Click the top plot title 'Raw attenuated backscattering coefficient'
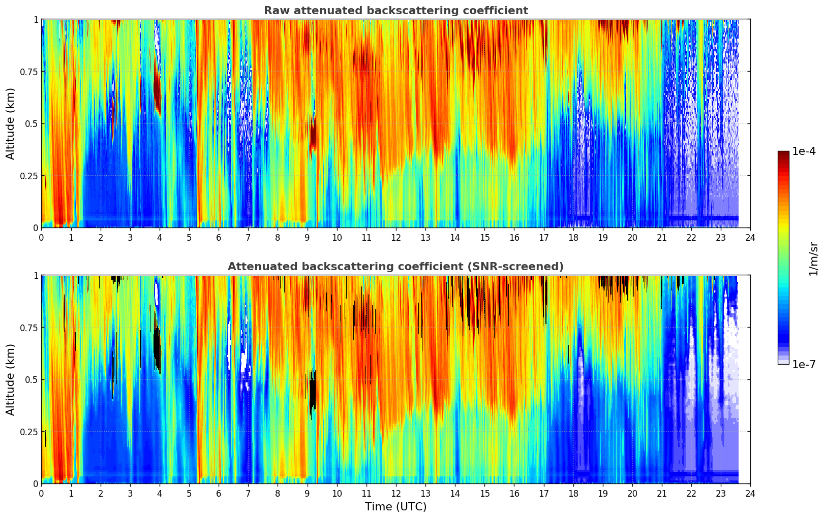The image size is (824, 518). (x=395, y=11)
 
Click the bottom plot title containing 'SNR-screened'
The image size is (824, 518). (x=395, y=267)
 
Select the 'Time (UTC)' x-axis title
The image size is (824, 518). (x=395, y=507)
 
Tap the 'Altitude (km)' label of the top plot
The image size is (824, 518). (x=11, y=123)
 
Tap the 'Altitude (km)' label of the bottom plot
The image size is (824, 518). (x=11, y=379)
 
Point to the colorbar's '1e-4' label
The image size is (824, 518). (x=804, y=151)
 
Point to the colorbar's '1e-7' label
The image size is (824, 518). (x=804, y=364)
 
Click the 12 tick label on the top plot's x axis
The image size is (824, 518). (x=396, y=237)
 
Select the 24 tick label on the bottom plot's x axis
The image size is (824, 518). (x=750, y=493)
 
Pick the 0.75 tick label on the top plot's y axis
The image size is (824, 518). (x=29, y=72)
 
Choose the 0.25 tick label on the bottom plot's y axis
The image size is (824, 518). (x=29, y=432)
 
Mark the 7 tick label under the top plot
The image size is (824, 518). (x=248, y=237)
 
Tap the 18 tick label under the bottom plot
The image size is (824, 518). (x=573, y=493)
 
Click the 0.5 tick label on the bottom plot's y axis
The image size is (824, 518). (x=32, y=379)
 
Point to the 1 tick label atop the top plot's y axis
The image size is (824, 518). (x=36, y=19)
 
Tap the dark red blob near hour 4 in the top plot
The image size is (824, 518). (x=157, y=91)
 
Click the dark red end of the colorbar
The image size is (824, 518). (x=783, y=155)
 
